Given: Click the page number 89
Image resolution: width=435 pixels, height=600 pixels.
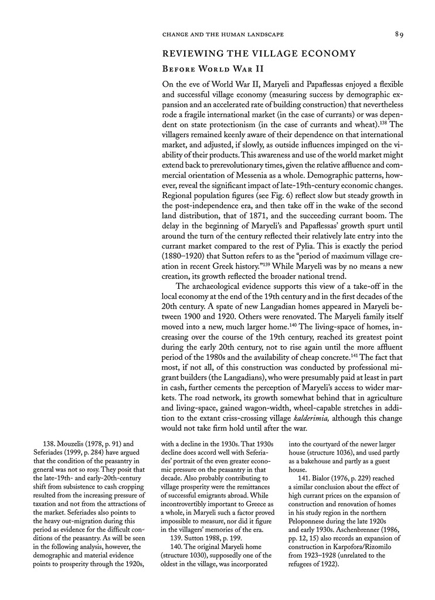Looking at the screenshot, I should point(399,35).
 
